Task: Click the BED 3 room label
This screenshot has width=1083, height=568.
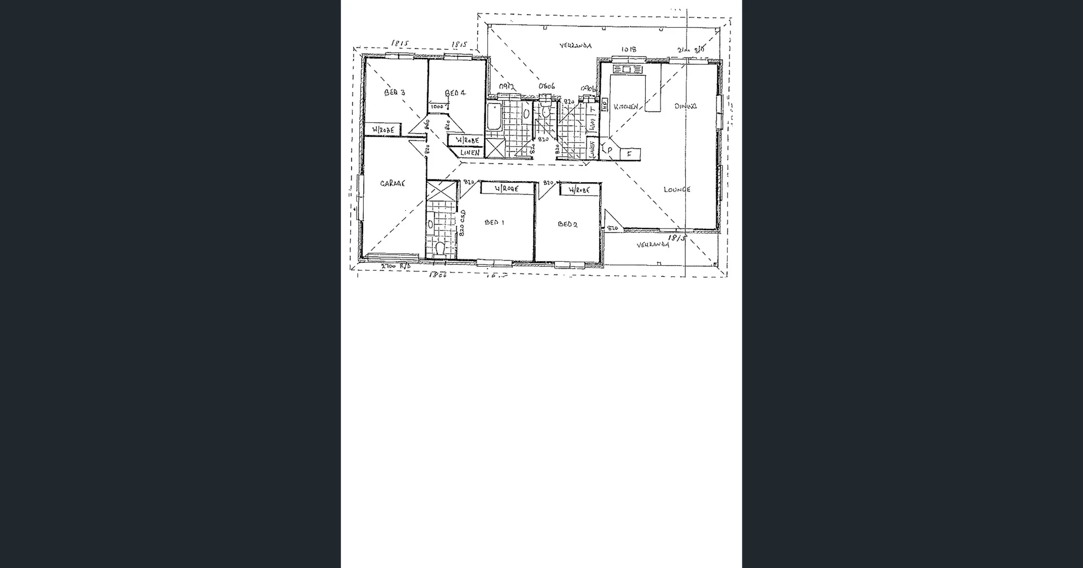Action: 395,93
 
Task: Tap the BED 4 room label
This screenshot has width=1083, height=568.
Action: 455,93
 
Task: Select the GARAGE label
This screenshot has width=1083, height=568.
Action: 393,183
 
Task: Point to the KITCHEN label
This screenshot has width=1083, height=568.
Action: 626,107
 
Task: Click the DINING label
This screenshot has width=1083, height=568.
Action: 686,105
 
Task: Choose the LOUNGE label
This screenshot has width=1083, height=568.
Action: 677,190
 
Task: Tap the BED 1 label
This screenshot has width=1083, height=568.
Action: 494,223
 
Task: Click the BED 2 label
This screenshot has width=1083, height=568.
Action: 567,224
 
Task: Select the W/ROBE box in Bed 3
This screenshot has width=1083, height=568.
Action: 383,130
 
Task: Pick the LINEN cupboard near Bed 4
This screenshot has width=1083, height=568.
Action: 469,153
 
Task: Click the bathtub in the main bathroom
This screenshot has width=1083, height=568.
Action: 494,117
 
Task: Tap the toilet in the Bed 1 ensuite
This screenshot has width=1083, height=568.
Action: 440,248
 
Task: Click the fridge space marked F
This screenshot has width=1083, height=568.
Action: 629,153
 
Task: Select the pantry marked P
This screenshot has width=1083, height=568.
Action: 610,151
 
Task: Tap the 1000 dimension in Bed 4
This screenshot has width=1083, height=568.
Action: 437,106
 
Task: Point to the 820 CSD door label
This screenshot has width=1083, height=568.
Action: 463,223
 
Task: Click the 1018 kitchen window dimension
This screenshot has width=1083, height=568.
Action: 629,50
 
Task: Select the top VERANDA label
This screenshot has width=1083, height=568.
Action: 575,45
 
